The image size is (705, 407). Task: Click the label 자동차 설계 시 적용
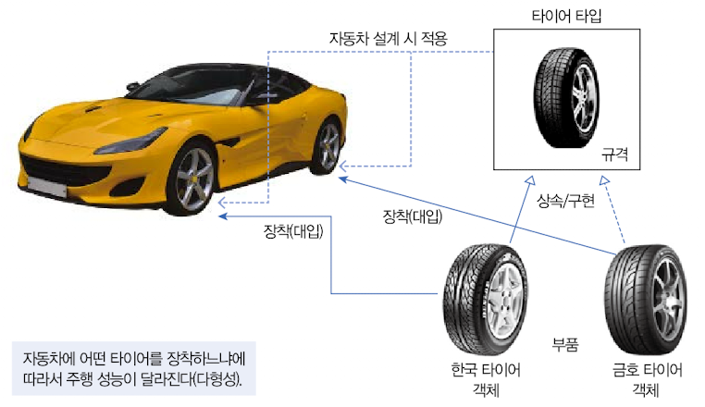click(389, 39)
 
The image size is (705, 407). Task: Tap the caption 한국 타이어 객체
click(486, 380)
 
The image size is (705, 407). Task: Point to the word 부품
click(565, 345)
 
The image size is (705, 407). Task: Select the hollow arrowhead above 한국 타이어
click(530, 179)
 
